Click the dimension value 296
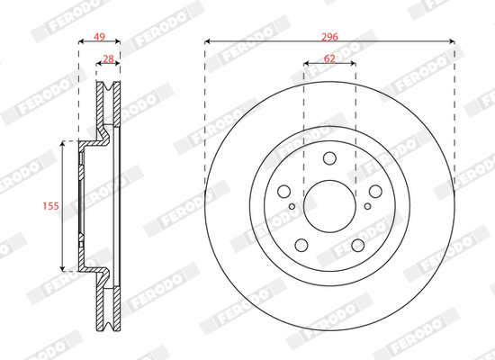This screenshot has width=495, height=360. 329,37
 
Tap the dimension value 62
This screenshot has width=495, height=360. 329,58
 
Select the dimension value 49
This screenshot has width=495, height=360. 99,37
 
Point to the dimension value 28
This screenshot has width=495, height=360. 108,58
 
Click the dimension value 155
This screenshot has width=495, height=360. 50,206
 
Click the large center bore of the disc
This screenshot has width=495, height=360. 329,206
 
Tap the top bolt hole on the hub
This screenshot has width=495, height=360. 329,158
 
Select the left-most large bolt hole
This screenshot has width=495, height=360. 283,192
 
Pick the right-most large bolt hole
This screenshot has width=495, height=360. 375,191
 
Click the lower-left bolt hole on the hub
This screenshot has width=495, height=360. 301,245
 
